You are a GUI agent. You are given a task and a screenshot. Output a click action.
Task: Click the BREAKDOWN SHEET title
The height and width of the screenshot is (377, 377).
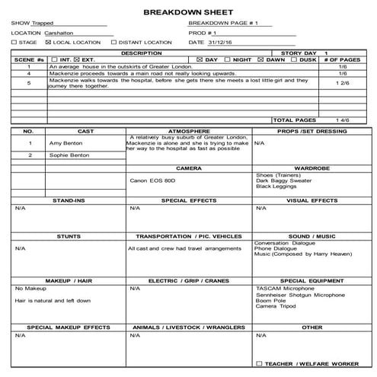(188, 13)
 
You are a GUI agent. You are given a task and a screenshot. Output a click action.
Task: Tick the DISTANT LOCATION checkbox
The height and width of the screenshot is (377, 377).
(114, 43)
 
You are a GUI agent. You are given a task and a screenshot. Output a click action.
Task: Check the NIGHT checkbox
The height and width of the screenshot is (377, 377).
(228, 59)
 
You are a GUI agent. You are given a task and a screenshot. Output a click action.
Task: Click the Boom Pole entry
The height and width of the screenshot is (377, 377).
(270, 300)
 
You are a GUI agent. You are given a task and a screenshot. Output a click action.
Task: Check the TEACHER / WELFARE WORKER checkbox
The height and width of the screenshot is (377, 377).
(260, 363)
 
